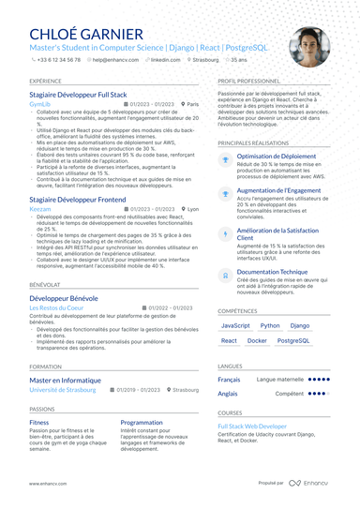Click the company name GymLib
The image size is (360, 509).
tap(40, 104)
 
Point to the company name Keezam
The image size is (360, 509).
tap(41, 209)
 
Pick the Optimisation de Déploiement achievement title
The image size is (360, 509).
tap(276, 157)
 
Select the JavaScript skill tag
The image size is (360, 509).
tap(234, 325)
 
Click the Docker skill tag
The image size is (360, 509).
tap(257, 341)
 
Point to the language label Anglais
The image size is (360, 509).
tap(228, 394)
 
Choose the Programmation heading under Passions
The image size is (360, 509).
tap(142, 422)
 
